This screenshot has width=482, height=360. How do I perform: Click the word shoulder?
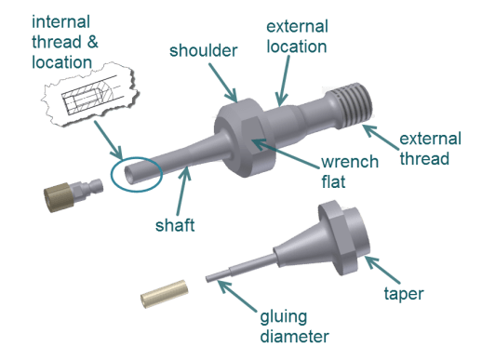click(x=203, y=50)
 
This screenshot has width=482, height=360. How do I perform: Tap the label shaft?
click(x=175, y=225)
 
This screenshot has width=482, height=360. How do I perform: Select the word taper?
click(x=404, y=294)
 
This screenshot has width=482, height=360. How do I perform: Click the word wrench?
click(x=350, y=162)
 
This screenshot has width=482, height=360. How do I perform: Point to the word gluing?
click(x=284, y=318)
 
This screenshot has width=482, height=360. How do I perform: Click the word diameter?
click(x=294, y=337)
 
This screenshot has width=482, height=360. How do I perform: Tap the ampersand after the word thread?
click(x=92, y=42)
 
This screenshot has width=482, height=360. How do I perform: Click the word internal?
click(x=60, y=22)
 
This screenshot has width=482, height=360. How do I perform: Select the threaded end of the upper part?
click(x=354, y=103)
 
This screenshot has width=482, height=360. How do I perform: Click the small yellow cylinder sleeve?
click(x=165, y=294)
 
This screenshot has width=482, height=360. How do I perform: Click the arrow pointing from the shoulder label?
click(x=222, y=83)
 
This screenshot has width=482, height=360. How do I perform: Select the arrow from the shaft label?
click(x=183, y=190)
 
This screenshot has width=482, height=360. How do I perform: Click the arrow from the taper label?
click(x=382, y=270)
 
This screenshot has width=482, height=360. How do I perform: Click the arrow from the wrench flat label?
click(x=286, y=153)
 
